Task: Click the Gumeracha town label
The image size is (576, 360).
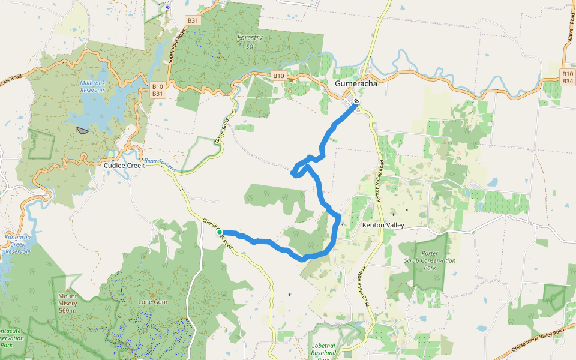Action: point(356,84)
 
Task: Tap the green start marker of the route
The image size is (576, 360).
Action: point(220,232)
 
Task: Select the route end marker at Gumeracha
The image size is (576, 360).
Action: point(356,101)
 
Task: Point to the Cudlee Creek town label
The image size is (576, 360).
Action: point(125,165)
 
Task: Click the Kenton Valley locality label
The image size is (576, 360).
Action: point(383,225)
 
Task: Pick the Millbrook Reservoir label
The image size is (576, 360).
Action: point(92,86)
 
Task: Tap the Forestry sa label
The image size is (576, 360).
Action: point(250,41)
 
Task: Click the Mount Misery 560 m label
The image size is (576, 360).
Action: point(67,303)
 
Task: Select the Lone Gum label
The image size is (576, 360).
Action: point(152,302)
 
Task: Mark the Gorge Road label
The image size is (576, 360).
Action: point(222,131)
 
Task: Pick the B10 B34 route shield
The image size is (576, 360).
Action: point(567,77)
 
